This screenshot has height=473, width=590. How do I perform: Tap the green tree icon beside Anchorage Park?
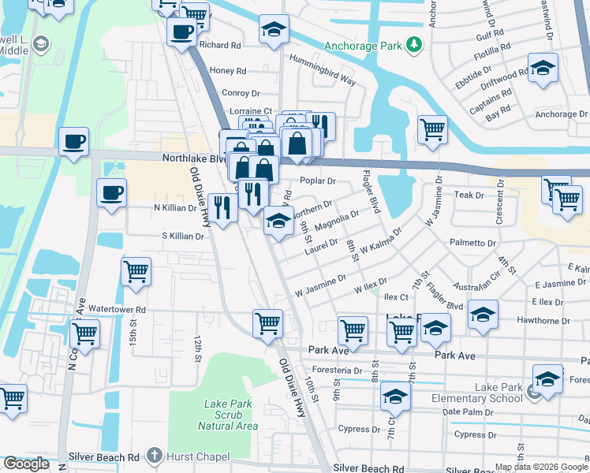pos(413,44)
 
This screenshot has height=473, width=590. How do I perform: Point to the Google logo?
pos(26,464)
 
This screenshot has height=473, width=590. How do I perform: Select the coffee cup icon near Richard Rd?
pos(181,32)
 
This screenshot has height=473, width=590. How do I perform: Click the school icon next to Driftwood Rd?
pos(543,69)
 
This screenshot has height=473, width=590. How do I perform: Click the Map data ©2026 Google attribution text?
pos(541,467)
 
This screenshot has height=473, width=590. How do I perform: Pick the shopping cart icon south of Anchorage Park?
pos(431,129)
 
